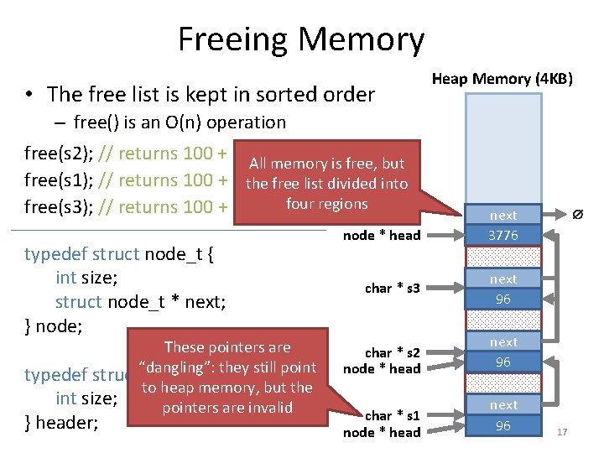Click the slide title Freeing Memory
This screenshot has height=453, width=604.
[x=301, y=39]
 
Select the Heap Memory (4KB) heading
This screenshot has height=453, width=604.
[x=502, y=79]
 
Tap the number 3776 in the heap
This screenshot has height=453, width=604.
[x=503, y=236]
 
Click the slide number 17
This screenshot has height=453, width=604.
[x=562, y=432]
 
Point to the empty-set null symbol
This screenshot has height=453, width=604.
[x=577, y=216]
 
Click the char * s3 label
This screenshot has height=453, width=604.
[x=392, y=289]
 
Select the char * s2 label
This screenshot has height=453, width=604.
[x=392, y=353]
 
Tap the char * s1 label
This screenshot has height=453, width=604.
[x=392, y=416]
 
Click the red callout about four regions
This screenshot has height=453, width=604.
[x=326, y=184]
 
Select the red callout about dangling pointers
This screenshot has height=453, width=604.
[x=227, y=377]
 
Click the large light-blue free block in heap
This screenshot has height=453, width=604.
[x=502, y=146]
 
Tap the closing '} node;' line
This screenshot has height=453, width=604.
[x=54, y=326]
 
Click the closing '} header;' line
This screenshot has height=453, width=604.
[x=62, y=422]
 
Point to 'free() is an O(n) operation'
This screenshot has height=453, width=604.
[x=180, y=122]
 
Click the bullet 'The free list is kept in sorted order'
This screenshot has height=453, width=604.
[x=211, y=95]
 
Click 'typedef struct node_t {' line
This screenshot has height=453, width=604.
[x=120, y=253]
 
